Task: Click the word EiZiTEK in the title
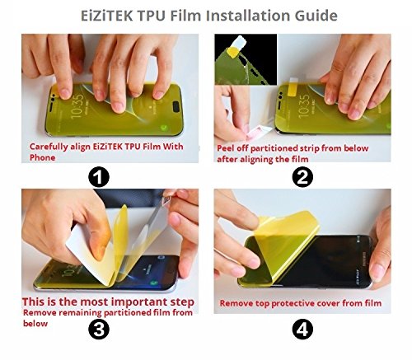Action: tap(106, 16)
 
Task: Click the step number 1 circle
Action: tap(99, 177)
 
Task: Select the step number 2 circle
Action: tap(302, 177)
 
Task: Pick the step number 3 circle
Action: tap(99, 329)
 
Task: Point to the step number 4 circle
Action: tap(302, 329)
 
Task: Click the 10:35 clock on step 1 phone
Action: tap(77, 106)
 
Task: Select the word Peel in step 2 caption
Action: tap(225, 148)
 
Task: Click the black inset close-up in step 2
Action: tap(246, 59)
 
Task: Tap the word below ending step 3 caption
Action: tap(35, 324)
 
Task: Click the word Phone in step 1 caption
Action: tap(42, 157)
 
